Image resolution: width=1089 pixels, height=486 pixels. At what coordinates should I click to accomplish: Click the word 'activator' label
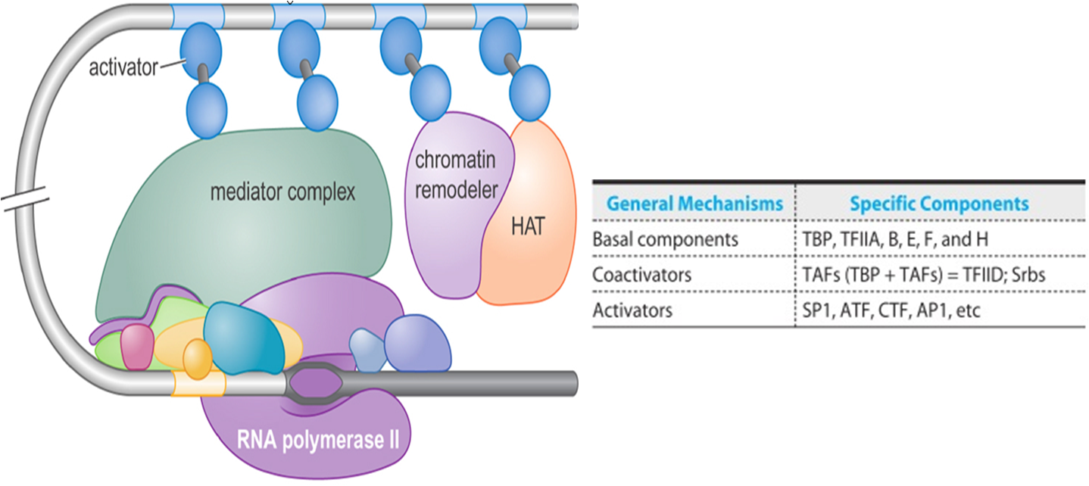(123, 68)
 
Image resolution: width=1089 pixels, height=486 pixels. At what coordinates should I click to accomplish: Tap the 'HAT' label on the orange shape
(527, 226)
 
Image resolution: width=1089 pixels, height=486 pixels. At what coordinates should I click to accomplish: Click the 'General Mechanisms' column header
(695, 204)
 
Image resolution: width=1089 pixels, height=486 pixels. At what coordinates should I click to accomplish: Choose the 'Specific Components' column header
(939, 204)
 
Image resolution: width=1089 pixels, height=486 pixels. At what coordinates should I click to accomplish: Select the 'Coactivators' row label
(642, 274)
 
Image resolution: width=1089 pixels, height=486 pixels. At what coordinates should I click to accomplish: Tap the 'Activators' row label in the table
(633, 310)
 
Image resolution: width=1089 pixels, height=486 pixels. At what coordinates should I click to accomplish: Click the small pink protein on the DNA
(138, 347)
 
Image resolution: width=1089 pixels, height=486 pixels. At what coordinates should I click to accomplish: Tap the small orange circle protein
(198, 359)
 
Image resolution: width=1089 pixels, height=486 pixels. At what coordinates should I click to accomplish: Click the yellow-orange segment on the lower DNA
(198, 384)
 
